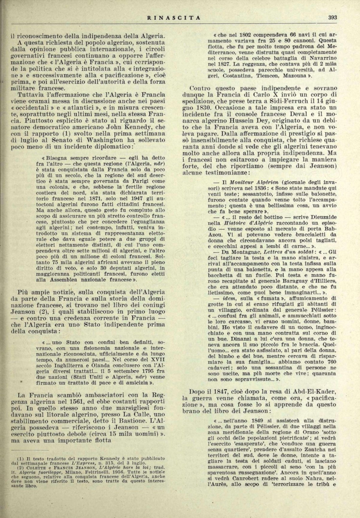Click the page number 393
(332, 17)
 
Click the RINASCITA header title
(174, 18)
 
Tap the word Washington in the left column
(100, 140)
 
